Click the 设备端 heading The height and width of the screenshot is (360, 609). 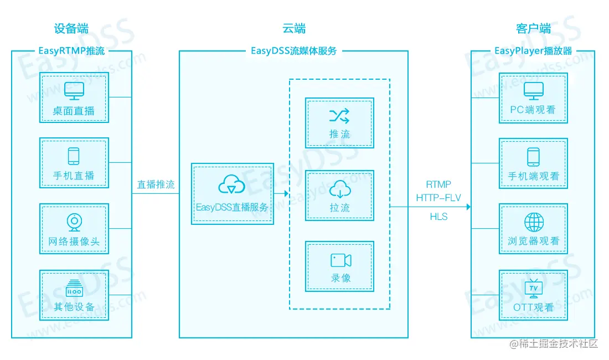(71, 29)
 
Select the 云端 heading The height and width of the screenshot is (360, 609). (293, 29)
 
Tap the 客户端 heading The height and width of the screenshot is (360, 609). (533, 29)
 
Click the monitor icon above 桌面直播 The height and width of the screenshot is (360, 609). (74, 90)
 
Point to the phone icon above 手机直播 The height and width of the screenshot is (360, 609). (74, 156)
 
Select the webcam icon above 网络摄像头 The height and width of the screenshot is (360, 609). (74, 222)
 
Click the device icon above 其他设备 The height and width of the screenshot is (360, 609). (74, 287)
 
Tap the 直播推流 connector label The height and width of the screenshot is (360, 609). (156, 185)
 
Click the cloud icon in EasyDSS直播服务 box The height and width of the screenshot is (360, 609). (232, 184)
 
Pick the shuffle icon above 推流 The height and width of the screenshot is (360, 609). (339, 115)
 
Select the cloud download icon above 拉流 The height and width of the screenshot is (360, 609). (340, 189)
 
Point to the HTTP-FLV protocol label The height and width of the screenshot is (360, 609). (438, 198)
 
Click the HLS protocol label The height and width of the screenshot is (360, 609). (438, 217)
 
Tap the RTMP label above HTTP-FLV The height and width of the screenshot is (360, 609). (438, 184)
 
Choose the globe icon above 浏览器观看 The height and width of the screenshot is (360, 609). (534, 222)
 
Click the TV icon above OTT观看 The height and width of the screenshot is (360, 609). (533, 288)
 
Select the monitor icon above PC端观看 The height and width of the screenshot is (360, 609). (534, 90)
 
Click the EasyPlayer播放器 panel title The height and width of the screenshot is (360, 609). (533, 52)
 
